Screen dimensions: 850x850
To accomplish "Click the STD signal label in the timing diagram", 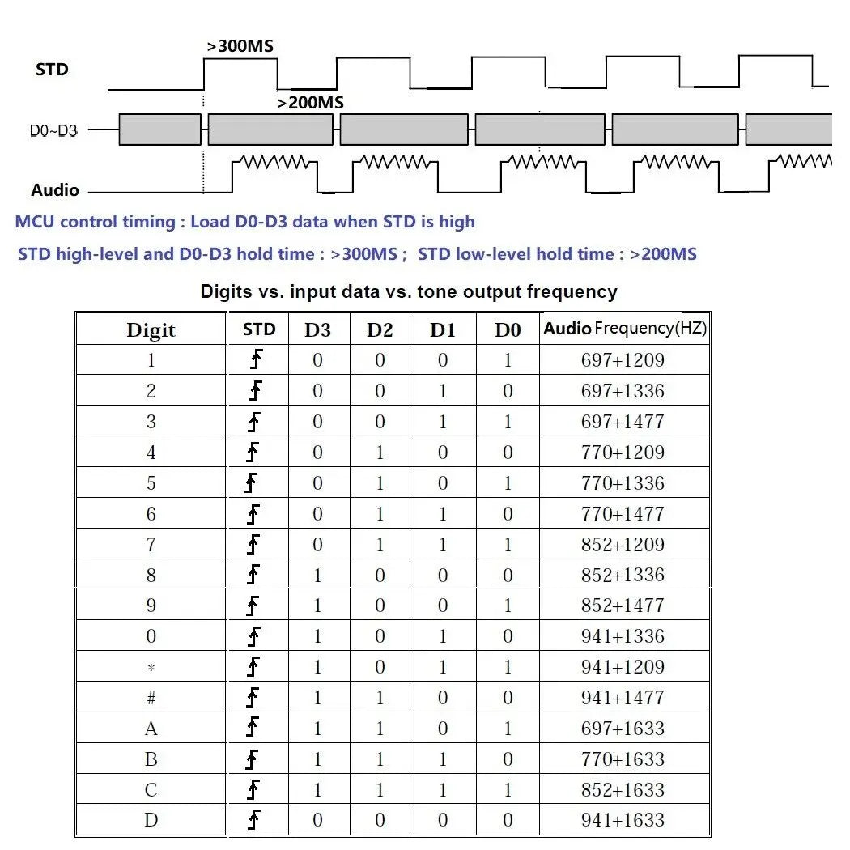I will tap(52, 70).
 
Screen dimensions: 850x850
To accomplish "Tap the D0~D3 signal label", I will tap(53, 130).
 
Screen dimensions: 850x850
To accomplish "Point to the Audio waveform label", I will tap(55, 190).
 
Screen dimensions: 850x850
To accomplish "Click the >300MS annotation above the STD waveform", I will tap(240, 46).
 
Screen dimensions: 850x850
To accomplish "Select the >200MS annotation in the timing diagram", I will tap(311, 103).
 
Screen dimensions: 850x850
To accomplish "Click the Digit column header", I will tap(151, 330).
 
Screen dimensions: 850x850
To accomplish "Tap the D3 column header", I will tap(317, 330).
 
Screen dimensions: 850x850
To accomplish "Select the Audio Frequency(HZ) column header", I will tap(625, 329).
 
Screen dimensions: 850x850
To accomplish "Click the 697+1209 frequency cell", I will tap(623, 360).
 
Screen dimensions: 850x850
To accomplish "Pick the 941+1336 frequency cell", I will tap(623, 636).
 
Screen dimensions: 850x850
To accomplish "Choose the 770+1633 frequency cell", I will tap(623, 759).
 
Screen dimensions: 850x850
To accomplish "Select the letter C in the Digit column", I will tap(151, 790).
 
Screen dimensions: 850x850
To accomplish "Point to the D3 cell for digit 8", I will tap(317, 576).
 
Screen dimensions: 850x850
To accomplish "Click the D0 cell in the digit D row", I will tap(508, 821).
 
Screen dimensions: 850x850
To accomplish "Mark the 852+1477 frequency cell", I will tap(623, 606).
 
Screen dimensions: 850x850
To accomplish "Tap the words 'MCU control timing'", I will tap(95, 222).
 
